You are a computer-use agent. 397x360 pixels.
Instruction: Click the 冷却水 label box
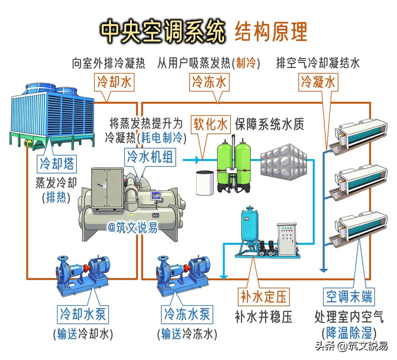click(x=114, y=82)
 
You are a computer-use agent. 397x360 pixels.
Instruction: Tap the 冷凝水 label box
click(x=318, y=82)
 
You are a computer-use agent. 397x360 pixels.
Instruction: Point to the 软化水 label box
click(x=211, y=123)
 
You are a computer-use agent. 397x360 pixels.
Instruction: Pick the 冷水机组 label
click(x=150, y=157)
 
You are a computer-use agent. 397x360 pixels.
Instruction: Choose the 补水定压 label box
click(x=264, y=297)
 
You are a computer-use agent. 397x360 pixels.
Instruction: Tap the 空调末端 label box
click(x=349, y=297)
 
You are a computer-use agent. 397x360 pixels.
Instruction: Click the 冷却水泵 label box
click(x=83, y=314)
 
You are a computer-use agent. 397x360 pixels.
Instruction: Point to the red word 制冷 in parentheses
click(x=246, y=63)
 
